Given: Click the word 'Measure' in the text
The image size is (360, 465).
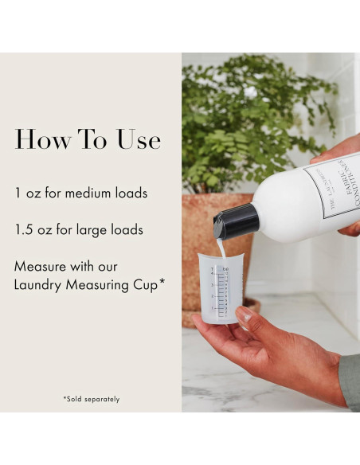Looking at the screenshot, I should (x=42, y=266).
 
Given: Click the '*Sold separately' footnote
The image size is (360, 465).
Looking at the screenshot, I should (x=91, y=398).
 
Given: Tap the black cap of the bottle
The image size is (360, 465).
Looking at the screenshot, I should (x=237, y=221).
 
